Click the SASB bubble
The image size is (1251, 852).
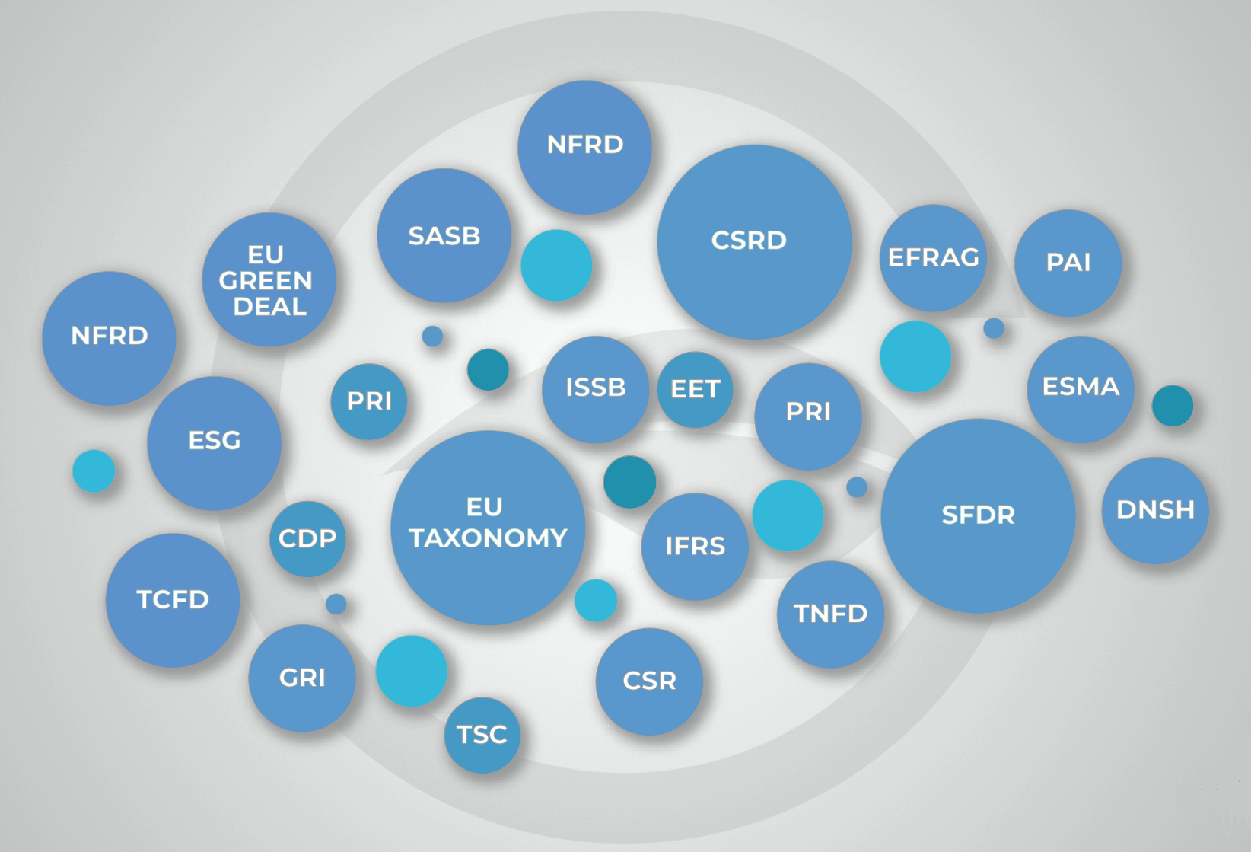coord(444,235)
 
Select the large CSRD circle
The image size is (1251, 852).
coord(753,241)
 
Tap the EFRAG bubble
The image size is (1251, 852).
coord(933,257)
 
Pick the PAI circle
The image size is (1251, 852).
coord(1068,263)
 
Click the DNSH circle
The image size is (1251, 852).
coord(1155,510)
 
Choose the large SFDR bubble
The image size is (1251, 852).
coord(978,515)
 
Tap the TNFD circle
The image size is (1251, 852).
coord(830,614)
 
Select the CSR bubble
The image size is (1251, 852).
coord(649,681)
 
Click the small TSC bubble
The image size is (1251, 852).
coord(482,735)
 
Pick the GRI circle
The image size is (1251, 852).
coord(302,678)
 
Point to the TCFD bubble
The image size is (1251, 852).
coord(173,600)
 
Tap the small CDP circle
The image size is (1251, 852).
coord(307,538)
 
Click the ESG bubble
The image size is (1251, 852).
coord(214,442)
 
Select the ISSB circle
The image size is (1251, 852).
coord(595,388)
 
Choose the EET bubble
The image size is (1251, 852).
coord(695,389)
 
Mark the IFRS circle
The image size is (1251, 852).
coord(695,546)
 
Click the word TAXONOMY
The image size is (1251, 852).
coord(488,538)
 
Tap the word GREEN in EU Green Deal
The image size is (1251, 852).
coord(266,281)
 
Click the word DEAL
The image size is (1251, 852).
coord(269,307)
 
